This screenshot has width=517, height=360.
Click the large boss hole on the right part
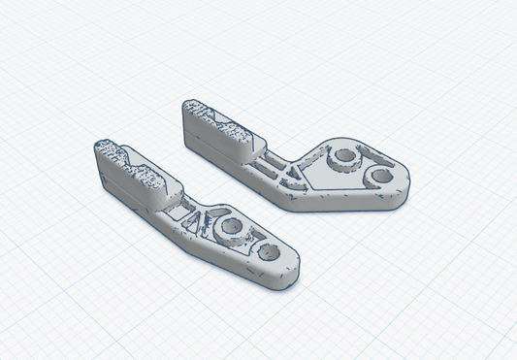342,158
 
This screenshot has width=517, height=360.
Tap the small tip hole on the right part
382,178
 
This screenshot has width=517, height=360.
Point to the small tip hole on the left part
270,252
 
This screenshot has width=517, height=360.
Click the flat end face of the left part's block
101,170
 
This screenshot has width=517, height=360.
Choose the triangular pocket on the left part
203,221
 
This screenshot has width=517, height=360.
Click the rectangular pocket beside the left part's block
176,206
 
